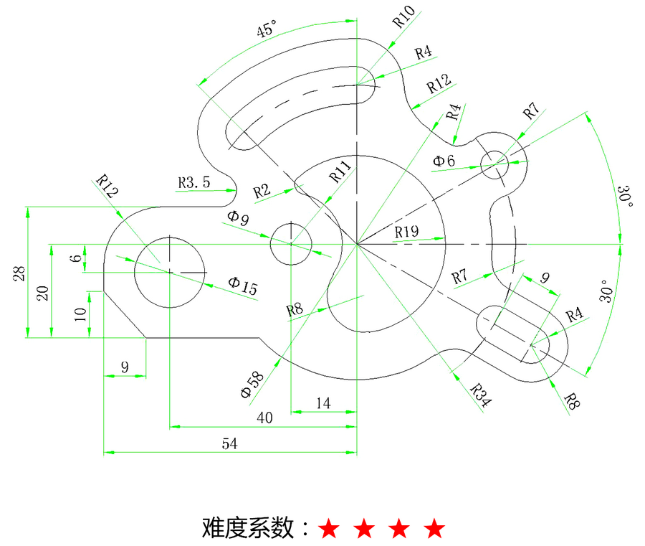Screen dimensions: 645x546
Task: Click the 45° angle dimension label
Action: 267,29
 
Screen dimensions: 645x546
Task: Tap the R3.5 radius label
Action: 193,182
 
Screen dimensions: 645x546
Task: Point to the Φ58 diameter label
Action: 252,385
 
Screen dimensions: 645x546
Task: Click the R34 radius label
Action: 480,395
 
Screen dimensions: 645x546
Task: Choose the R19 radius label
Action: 406,232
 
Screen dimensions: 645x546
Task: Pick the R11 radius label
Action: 340,171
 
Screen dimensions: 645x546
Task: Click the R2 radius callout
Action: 262,191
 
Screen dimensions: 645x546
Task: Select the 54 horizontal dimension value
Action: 229,443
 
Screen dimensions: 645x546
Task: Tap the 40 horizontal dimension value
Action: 264,418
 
